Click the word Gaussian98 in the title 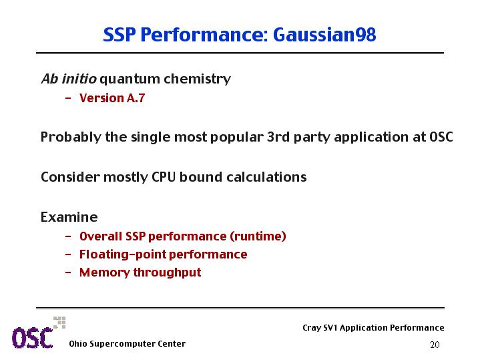pos(324,35)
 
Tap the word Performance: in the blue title pos(204,35)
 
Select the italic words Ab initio pos(69,79)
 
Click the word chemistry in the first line pos(197,79)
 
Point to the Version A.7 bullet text pos(112,98)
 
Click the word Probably pos(71,138)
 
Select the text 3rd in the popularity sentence pos(278,137)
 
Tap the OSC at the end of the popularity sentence pos(441,137)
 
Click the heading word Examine pos(69,217)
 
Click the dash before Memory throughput pos(68,273)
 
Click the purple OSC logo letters pos(33,338)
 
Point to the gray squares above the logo pos(59,323)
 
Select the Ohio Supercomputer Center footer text pos(127,344)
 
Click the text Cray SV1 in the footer pos(320,327)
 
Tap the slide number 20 pos(435,345)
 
